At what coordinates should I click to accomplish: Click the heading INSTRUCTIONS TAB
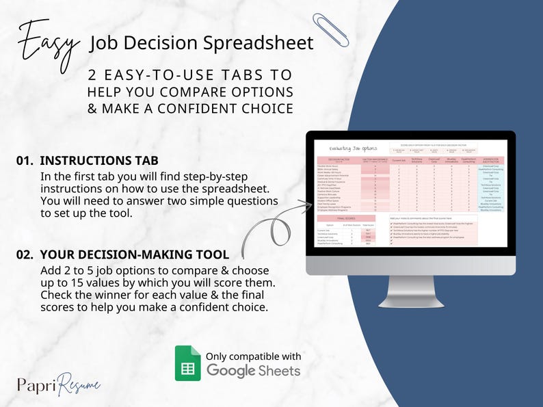99,161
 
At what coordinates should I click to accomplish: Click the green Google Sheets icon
187,363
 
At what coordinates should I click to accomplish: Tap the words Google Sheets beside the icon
253,370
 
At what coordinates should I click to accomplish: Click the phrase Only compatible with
253,356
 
